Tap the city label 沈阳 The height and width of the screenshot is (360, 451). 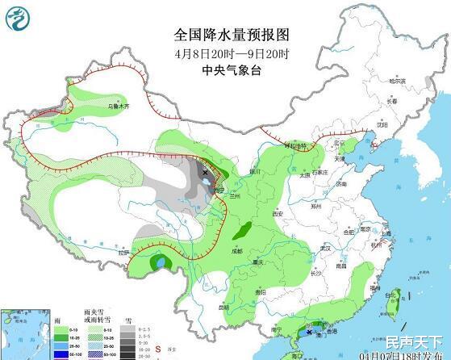click(382, 125)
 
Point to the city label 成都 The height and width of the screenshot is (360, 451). click(234, 251)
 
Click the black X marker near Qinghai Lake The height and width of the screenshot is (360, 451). click(206, 172)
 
